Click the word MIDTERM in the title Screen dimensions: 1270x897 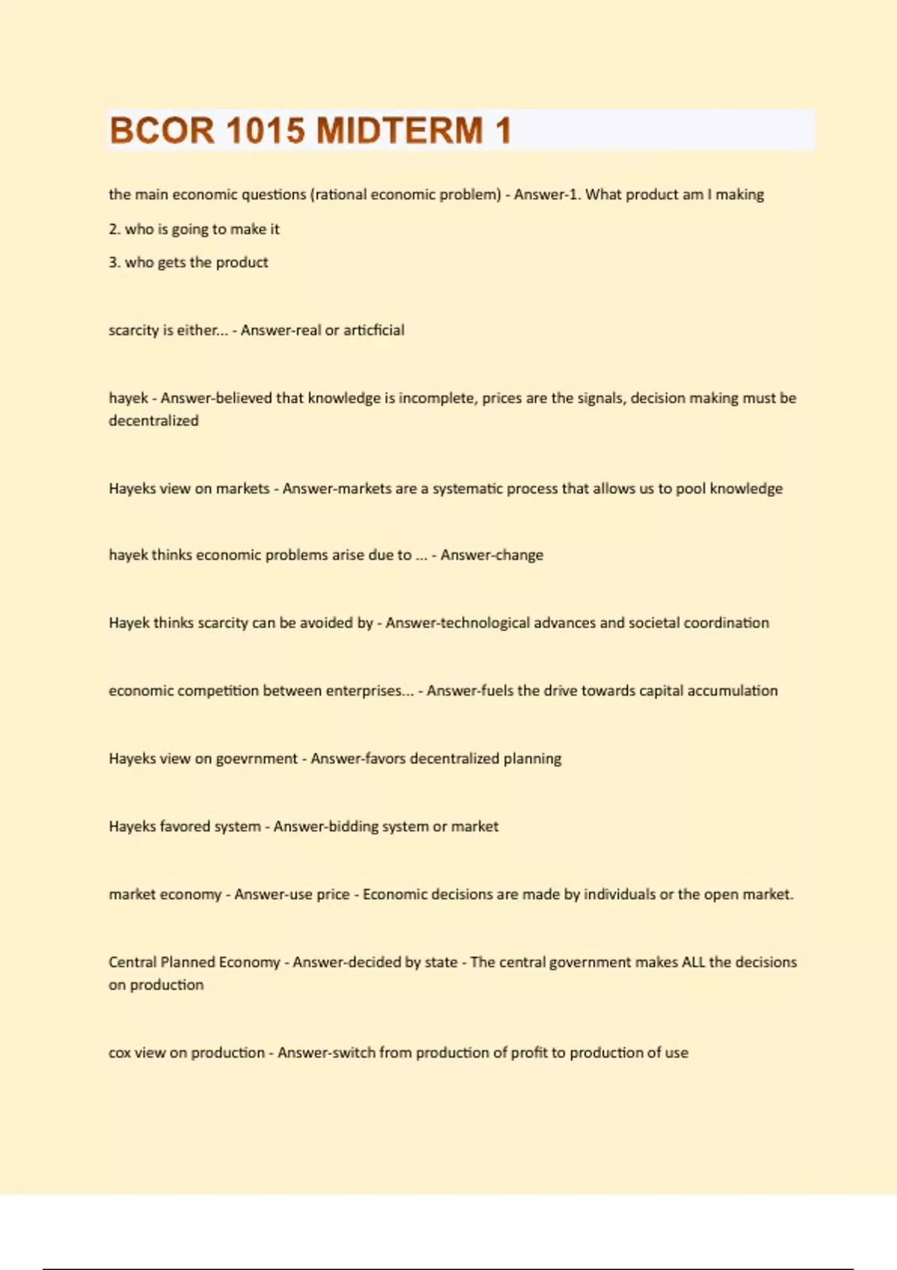click(x=399, y=131)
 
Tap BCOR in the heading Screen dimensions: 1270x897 click(x=161, y=131)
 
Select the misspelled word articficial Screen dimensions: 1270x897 click(x=374, y=330)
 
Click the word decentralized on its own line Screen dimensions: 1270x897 click(x=153, y=421)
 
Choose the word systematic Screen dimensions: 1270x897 click(x=468, y=489)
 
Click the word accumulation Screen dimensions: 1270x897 click(x=733, y=691)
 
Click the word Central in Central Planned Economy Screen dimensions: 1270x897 click(x=132, y=962)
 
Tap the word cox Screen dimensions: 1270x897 click(x=120, y=1053)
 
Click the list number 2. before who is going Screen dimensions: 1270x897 click(x=114, y=229)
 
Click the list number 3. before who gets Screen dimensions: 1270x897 click(x=114, y=262)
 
